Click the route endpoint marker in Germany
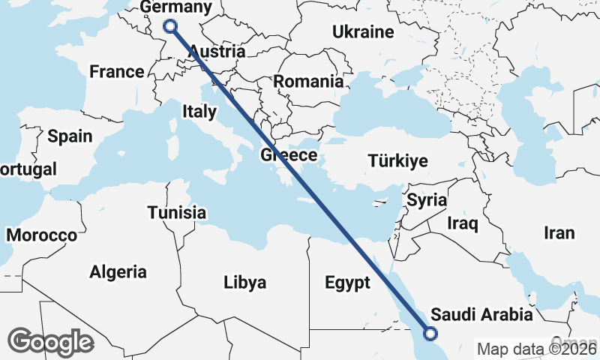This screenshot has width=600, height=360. tap(170, 26)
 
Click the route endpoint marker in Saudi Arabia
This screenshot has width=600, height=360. tap(431, 334)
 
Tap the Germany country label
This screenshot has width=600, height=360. tap(177, 7)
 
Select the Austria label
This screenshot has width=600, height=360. tap(217, 52)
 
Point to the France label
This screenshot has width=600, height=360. tap(116, 72)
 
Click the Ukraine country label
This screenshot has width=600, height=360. tap(363, 32)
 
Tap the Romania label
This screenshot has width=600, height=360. tap(307, 81)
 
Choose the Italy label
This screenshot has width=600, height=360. tap(199, 112)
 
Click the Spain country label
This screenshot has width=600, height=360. tap(70, 136)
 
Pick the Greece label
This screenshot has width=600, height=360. tap(289, 155)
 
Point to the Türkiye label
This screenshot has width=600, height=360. tap(397, 160)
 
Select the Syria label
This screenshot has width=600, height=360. tap(427, 200)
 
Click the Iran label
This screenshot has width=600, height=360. tap(559, 233)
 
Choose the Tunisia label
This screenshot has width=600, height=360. tap(176, 212)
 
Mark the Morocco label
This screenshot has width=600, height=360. tap(41, 235)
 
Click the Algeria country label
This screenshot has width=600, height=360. tap(118, 271)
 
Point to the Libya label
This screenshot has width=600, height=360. tap(244, 283)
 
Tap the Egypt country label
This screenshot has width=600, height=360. tap(348, 283)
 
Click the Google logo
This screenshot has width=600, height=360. tap(50, 342)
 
